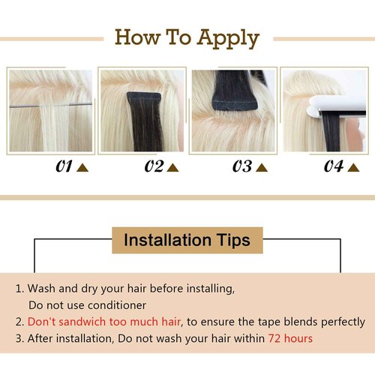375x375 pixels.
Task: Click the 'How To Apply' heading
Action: pos(187,37)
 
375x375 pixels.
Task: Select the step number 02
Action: pos(154,166)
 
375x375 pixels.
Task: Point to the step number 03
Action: pos(242,166)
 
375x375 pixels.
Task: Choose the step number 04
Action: pos(333,166)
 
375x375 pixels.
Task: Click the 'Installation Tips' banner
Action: pos(187,241)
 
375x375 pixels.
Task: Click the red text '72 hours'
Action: pos(290,338)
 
